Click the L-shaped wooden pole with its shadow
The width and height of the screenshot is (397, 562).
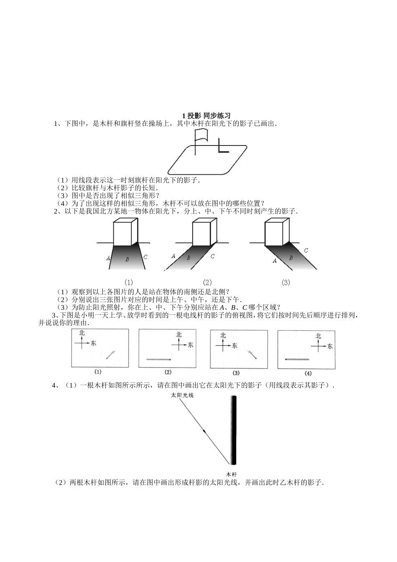click(x=222, y=148)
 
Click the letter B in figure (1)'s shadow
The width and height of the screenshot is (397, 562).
click(x=127, y=259)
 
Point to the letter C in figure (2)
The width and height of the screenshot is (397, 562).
click(x=213, y=256)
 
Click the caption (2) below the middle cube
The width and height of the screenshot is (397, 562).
click(x=207, y=282)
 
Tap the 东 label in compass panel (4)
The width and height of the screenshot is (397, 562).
click(x=330, y=346)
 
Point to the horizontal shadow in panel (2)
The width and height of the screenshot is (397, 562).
click(x=158, y=359)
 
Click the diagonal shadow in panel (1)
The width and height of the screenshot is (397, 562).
click(x=110, y=355)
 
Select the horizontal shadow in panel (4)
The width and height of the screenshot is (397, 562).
click(x=297, y=359)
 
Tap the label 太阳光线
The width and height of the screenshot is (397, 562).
click(x=182, y=395)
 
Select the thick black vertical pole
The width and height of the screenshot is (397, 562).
click(x=233, y=431)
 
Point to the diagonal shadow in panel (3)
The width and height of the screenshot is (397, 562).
click(x=251, y=354)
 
